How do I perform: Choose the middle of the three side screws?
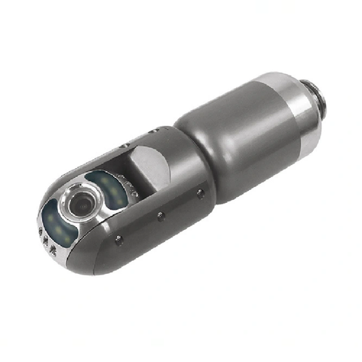[x=160, y=216]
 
